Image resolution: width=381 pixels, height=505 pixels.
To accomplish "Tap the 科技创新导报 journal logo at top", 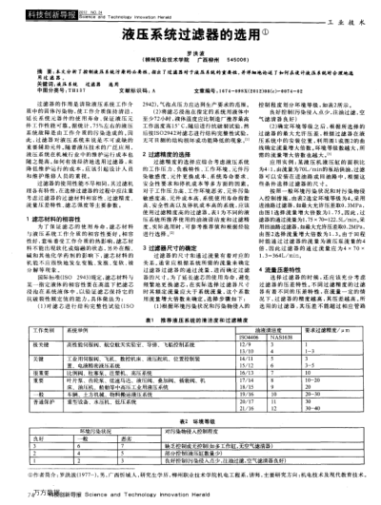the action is point(30,7).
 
